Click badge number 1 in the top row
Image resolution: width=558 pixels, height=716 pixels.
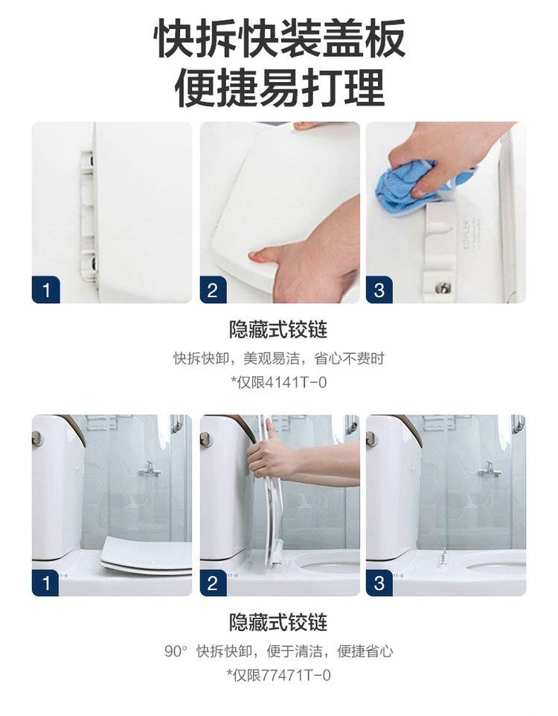pyautogui.click(x=46, y=290)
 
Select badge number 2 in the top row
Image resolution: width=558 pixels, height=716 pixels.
pyautogui.click(x=213, y=290)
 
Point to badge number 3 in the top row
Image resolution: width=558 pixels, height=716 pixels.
pyautogui.click(x=379, y=290)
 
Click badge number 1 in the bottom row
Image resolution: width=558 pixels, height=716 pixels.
pyautogui.click(x=46, y=583)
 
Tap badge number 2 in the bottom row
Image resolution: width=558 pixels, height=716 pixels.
pyautogui.click(x=213, y=583)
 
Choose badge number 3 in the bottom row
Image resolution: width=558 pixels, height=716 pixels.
pyautogui.click(x=379, y=583)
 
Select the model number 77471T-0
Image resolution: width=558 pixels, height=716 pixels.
pyautogui.click(x=296, y=674)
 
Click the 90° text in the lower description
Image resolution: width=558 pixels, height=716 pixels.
pyautogui.click(x=176, y=650)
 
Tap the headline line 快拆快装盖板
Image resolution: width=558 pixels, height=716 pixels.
pyautogui.click(x=279, y=38)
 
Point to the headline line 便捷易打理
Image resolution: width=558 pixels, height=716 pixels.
pyautogui.click(x=279, y=87)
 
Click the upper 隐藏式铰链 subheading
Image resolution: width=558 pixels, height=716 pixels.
pyautogui.click(x=278, y=329)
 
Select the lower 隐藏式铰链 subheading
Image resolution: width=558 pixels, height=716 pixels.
pyautogui.click(x=278, y=622)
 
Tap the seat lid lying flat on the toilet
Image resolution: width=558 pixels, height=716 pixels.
pyautogui.click(x=146, y=556)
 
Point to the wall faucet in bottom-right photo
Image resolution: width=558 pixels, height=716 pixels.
pyautogui.click(x=490, y=468)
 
